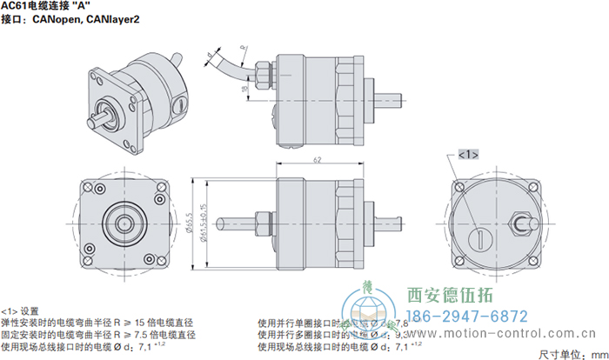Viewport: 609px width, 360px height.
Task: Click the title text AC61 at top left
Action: tap(17, 5)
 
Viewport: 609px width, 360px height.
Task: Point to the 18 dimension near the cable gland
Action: tap(247, 88)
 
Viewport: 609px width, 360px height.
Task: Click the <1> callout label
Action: tap(467, 154)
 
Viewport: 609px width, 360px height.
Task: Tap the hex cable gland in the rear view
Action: tap(523, 222)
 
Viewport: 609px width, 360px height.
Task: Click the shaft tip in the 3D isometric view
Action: tap(104, 113)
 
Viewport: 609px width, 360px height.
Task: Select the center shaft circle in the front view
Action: tap(118, 219)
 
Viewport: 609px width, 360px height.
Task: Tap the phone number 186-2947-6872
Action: tap(468, 316)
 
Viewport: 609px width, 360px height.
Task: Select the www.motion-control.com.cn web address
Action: tap(513, 332)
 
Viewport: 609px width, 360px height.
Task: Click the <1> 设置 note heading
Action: tap(20, 310)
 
